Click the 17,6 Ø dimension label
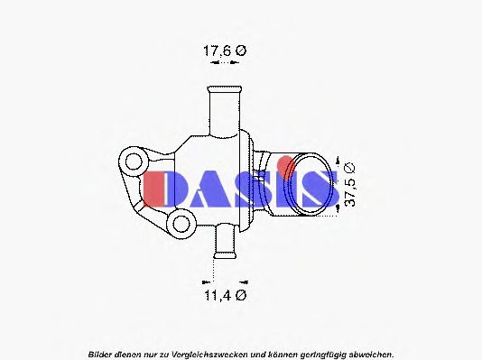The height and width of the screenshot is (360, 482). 223,52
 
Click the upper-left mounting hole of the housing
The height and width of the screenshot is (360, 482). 134,163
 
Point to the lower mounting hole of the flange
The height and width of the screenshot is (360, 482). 181,223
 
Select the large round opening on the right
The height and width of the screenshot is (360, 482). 306,185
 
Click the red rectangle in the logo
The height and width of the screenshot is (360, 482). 153,187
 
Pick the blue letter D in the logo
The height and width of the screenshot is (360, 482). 189,188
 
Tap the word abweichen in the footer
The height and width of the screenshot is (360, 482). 367,352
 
